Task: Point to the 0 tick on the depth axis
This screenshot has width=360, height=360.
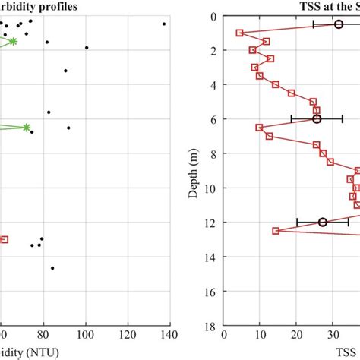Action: [212, 17]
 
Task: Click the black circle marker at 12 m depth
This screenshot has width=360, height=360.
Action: [323, 222]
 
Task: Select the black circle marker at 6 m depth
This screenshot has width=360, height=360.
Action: [317, 119]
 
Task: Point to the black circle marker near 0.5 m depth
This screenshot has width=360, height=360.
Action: [339, 25]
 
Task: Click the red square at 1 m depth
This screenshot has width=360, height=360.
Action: [240, 33]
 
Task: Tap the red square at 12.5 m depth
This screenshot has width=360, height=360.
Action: [276, 231]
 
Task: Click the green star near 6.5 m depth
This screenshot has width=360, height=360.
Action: [27, 128]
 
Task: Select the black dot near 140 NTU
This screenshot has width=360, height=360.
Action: [164, 24]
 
